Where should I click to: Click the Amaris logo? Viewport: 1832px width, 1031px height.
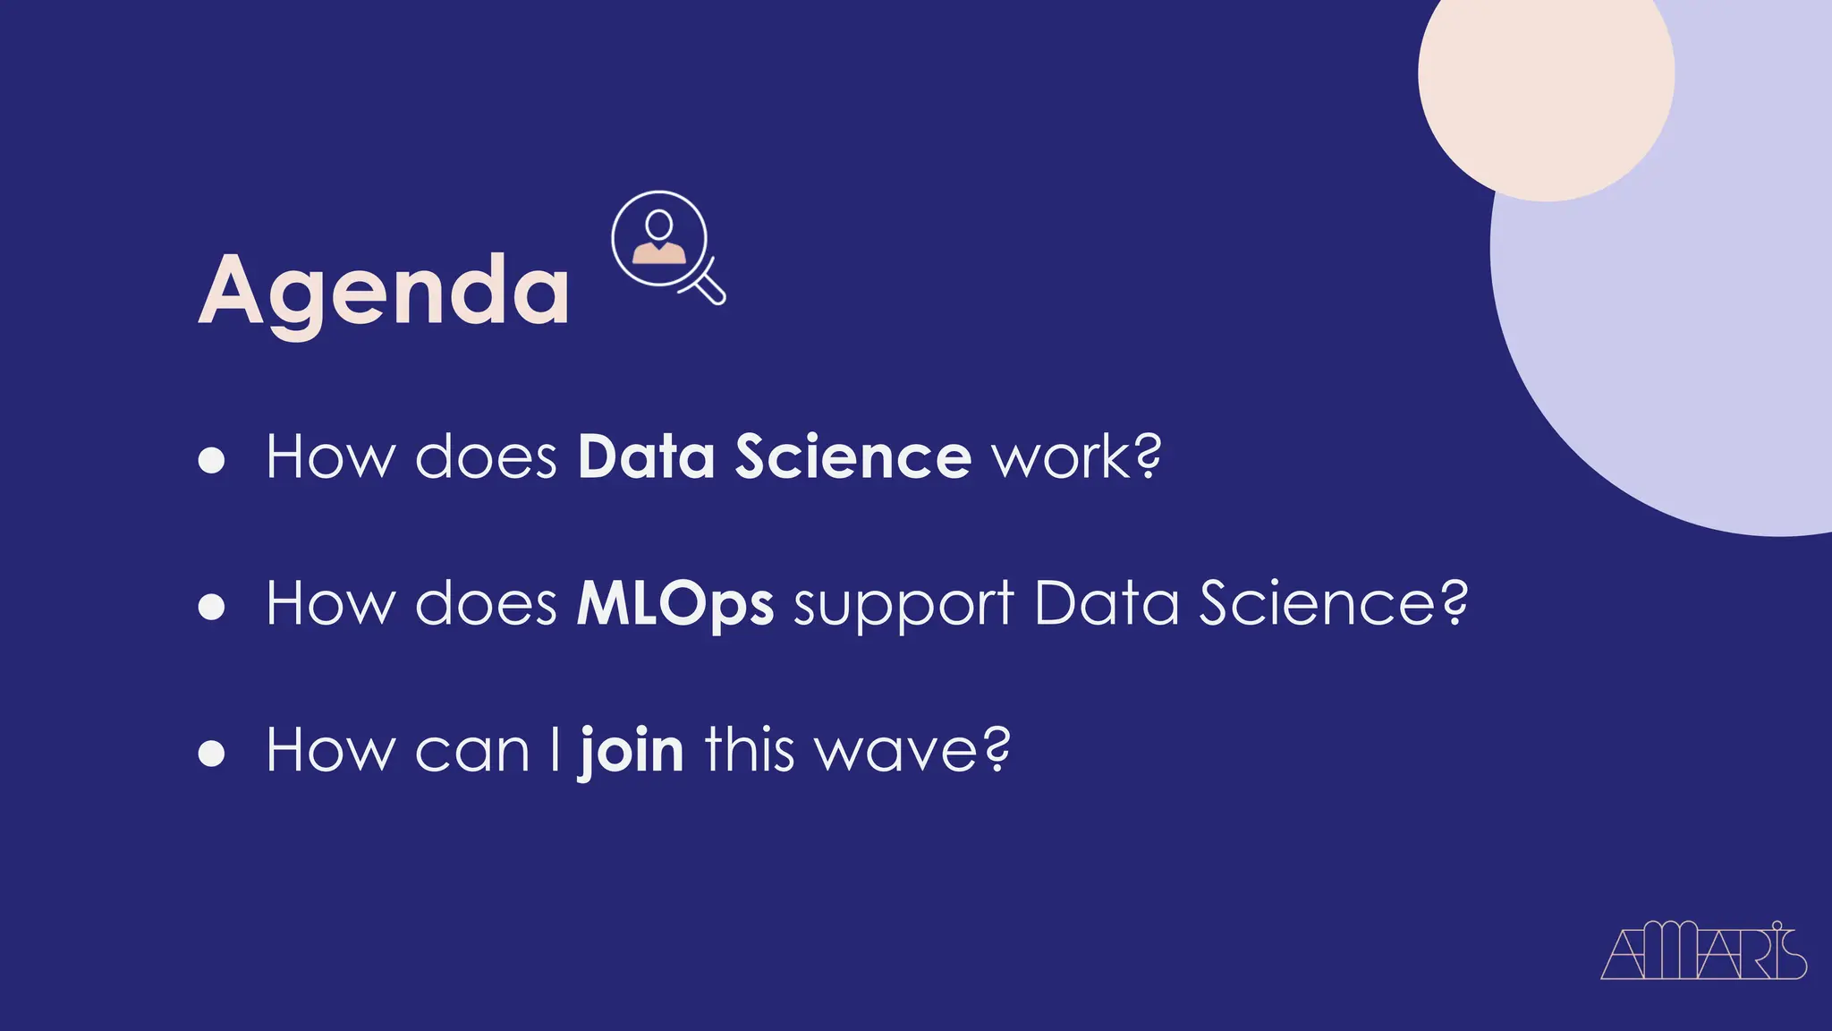(1703, 952)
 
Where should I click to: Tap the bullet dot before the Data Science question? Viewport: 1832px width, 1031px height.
(212, 459)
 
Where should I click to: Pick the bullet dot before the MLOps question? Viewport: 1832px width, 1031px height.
(212, 606)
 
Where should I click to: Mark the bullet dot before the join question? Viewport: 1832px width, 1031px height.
(212, 753)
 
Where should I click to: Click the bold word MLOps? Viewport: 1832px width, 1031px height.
(675, 605)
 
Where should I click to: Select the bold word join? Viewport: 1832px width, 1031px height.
(632, 750)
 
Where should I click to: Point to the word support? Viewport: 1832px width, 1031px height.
(903, 607)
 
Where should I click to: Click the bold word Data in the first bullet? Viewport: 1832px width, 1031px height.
(646, 457)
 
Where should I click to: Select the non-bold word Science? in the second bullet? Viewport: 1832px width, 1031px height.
(1333, 604)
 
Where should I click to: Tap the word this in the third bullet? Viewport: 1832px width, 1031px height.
(750, 750)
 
